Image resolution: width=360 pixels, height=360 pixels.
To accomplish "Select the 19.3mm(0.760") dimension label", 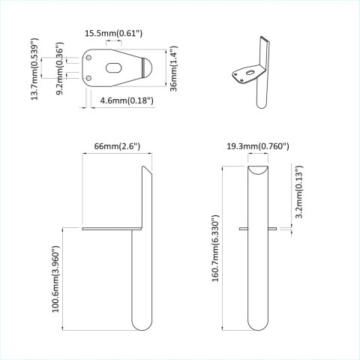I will tap(258, 146).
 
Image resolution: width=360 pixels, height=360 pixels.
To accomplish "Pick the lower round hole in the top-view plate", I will tap(91, 77).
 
